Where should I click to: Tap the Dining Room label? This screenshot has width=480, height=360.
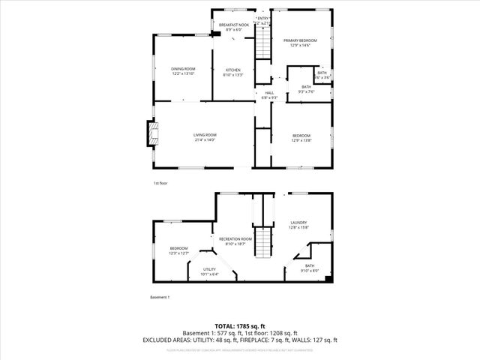pos(183,69)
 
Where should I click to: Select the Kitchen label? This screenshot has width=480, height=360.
pos(232,70)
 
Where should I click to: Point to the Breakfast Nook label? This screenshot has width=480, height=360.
pos(234,25)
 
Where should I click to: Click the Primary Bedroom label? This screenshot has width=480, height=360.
pos(300,40)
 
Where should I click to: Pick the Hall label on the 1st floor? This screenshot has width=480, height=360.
pos(269,92)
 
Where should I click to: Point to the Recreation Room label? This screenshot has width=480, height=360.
pos(235,238)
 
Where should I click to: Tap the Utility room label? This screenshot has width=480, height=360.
pos(209,269)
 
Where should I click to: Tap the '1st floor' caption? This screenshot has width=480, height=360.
pos(160,182)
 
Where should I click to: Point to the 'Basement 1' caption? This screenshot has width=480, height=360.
pos(160,298)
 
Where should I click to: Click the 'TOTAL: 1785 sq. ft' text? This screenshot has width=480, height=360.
pos(240,325)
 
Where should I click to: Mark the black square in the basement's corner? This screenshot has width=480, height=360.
pos(328,280)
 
